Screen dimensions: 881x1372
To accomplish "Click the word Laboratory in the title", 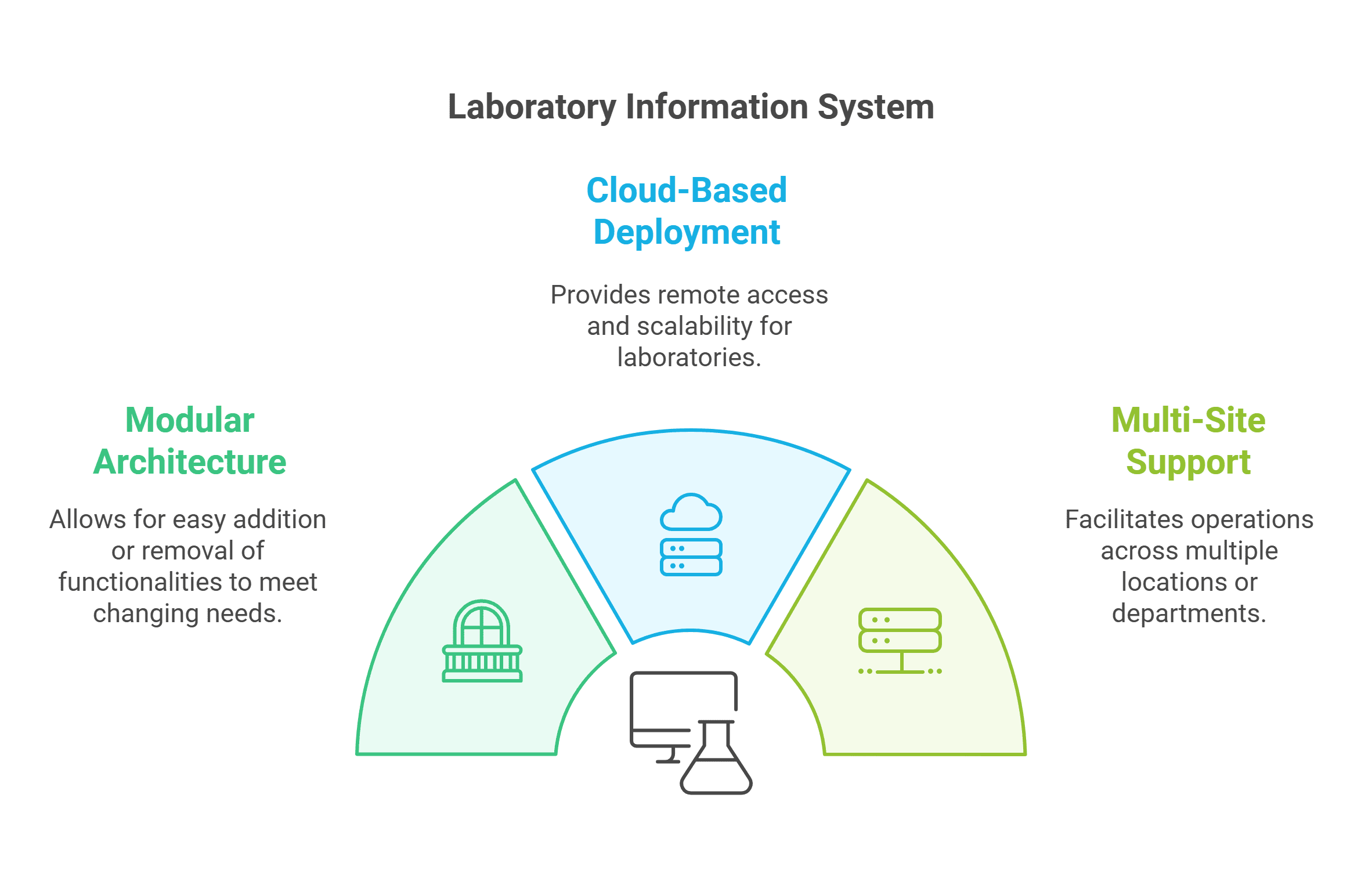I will click(x=531, y=108).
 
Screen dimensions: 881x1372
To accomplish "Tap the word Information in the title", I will click(x=717, y=108).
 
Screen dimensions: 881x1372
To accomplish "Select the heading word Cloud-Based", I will click(x=686, y=190).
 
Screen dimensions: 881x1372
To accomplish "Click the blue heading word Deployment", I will click(x=687, y=233).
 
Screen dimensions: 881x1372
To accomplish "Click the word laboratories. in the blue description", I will click(x=689, y=358).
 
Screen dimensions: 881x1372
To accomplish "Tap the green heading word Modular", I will click(x=190, y=420).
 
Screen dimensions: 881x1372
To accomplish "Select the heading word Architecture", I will click(x=190, y=463).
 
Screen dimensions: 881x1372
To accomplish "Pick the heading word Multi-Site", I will click(x=1188, y=420).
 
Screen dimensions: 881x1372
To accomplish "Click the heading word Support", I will click(x=1188, y=463).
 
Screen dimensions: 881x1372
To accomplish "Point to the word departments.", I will click(x=1188, y=613).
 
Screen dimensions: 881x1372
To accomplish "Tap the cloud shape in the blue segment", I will click(x=691, y=513).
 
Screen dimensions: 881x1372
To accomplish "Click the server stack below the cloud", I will click(x=691, y=557).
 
